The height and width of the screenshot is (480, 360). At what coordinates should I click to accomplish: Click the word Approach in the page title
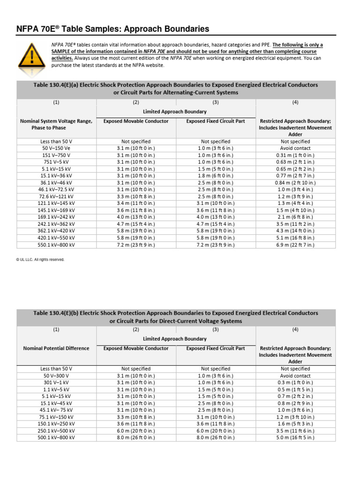click(x=136, y=29)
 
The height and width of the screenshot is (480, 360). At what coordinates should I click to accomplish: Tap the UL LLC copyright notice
click(x=40, y=259)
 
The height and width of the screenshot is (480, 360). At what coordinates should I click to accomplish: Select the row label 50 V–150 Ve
click(x=57, y=148)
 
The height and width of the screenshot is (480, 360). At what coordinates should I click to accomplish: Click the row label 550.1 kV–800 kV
click(x=57, y=245)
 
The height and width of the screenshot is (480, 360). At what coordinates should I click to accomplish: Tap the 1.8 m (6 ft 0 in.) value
click(x=216, y=176)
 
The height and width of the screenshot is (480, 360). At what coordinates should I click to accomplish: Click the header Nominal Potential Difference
click(x=56, y=348)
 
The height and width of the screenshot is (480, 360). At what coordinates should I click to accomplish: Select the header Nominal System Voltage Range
click(x=56, y=124)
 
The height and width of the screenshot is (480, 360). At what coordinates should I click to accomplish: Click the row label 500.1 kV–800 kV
click(x=57, y=438)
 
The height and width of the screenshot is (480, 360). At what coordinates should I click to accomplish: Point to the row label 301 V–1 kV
click(x=57, y=382)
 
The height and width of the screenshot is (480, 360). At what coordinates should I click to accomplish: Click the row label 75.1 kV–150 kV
click(x=57, y=417)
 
